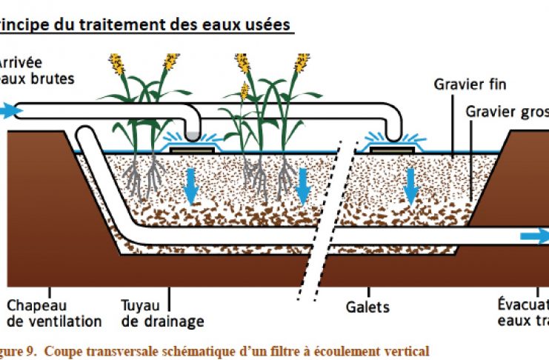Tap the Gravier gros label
point(508,111)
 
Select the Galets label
point(368,305)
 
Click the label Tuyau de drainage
point(162,313)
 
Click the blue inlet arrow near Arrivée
point(10,112)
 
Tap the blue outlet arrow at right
point(533,237)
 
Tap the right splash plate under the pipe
point(387,150)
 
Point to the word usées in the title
point(265,24)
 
